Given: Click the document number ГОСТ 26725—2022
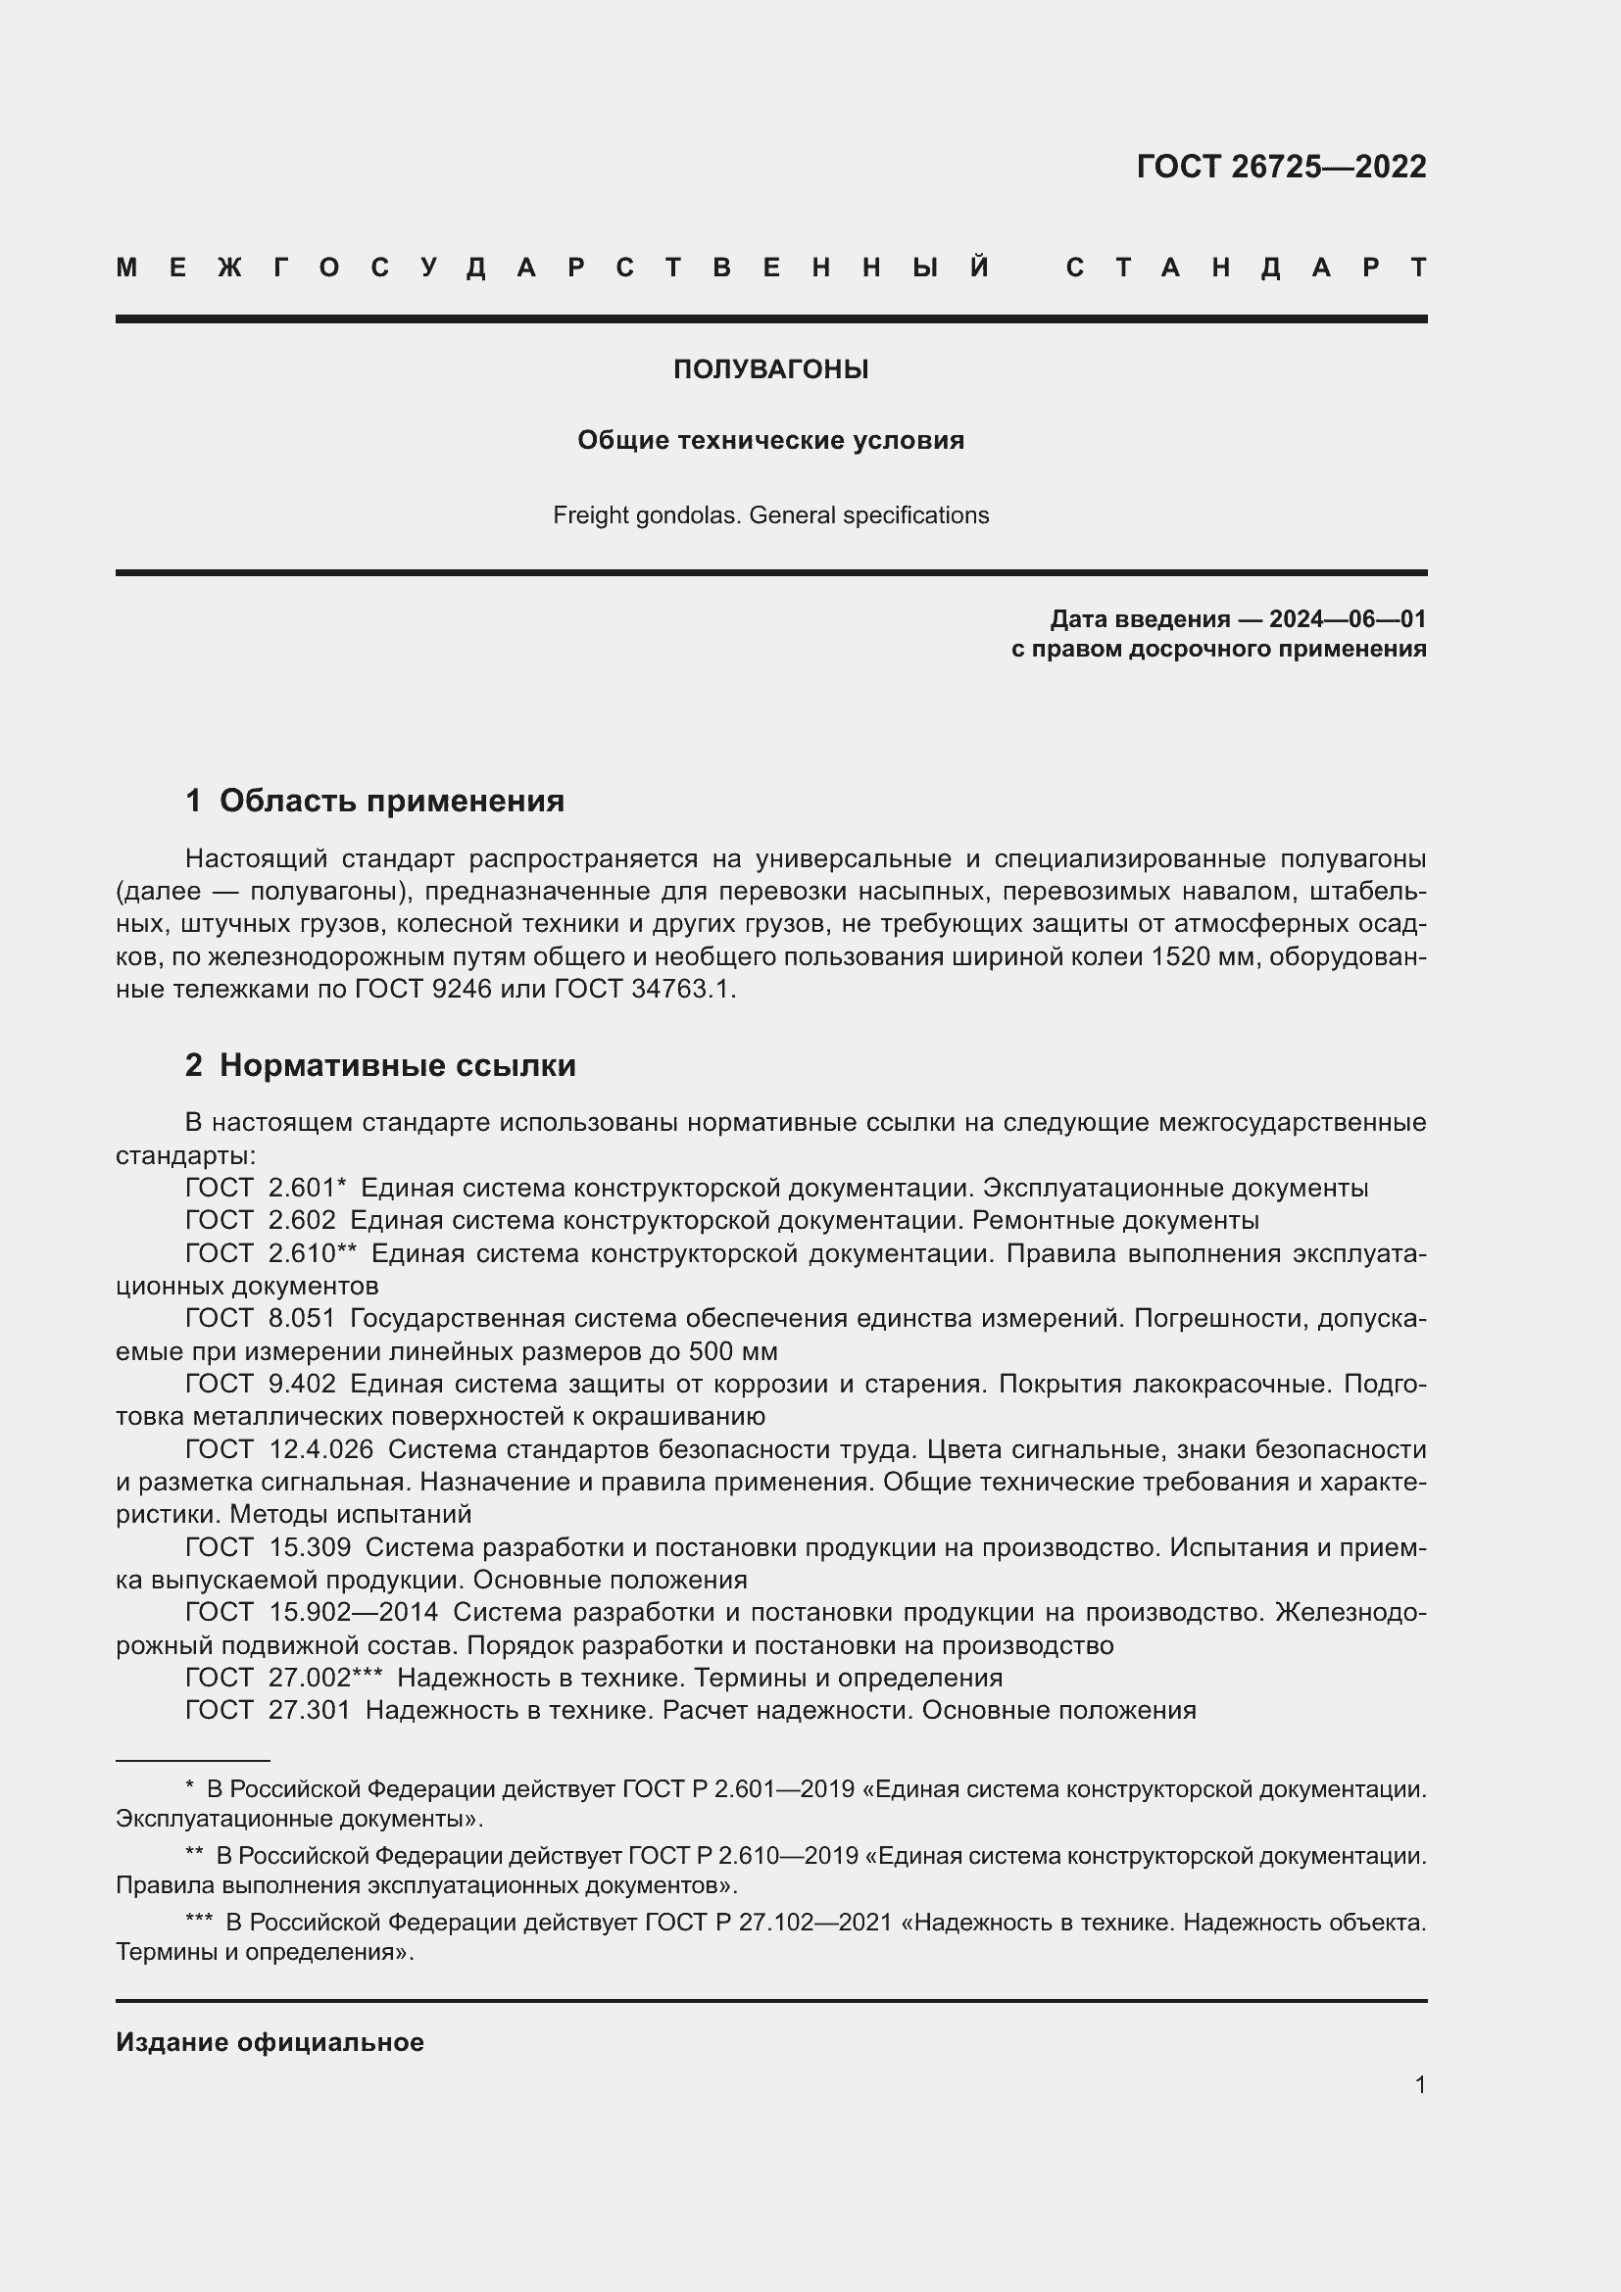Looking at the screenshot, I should point(1281,166).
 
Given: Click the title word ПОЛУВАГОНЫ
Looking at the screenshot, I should point(770,369).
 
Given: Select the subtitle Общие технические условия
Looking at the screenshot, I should point(770,440).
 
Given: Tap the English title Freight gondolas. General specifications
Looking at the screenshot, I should point(770,515).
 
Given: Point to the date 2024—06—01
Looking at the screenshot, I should point(1347,619).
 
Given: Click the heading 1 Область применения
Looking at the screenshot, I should point(374,801).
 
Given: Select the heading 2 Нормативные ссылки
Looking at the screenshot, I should point(380,1065).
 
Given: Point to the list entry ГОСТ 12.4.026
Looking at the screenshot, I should point(279,1448).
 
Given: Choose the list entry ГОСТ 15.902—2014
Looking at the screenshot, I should point(312,1612).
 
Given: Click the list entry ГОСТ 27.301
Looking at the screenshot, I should point(268,1710).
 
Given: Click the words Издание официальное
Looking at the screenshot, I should point(270,2042).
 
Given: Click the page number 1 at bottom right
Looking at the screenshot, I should point(1419,2084).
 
